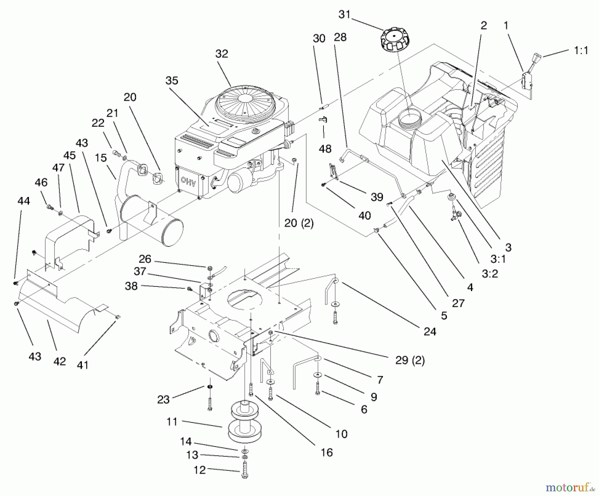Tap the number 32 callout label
tap(222, 54)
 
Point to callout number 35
tap(172, 81)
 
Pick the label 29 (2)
tap(410, 361)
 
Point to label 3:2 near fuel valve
tap(490, 274)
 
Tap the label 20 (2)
tap(299, 223)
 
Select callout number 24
tap(430, 331)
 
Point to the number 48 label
tap(325, 149)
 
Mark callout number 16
tap(327, 452)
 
